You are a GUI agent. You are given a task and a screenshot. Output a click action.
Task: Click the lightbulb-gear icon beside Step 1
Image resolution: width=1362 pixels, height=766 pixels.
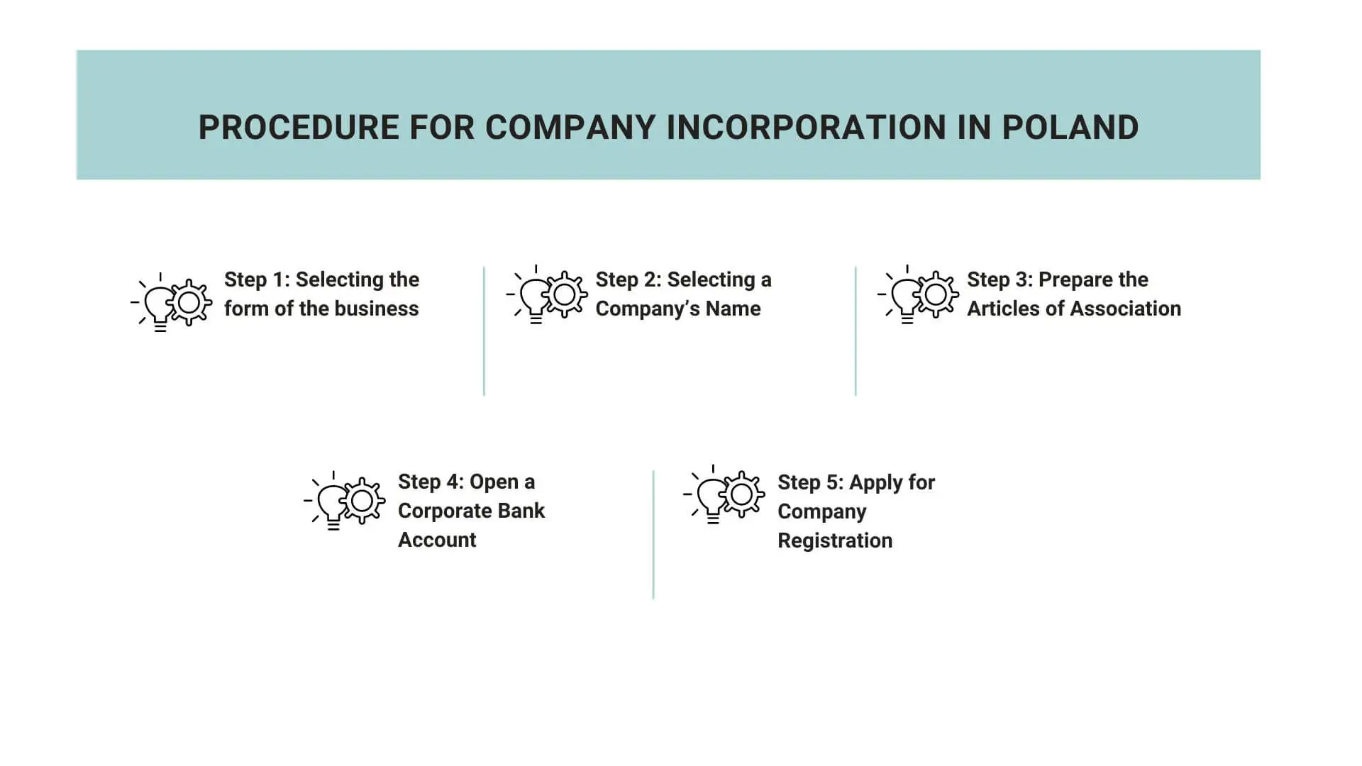tap(171, 302)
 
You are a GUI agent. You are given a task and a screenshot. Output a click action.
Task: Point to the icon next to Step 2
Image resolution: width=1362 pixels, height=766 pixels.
tap(546, 295)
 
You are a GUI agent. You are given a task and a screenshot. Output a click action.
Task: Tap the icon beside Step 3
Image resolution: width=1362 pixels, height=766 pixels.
tap(918, 295)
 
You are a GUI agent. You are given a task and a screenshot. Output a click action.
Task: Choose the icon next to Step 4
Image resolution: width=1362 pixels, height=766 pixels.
tap(344, 501)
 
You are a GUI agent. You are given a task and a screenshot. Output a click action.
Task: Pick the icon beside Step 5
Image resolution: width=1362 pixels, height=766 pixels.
tap(724, 494)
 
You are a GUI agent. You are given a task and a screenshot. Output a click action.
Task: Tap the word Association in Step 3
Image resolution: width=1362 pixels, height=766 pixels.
tap(1126, 309)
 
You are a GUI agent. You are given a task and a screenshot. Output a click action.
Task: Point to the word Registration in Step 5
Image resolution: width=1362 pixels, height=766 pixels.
tap(835, 540)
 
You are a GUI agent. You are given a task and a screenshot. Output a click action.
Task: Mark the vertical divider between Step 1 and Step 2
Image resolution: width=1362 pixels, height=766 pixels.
tap(484, 331)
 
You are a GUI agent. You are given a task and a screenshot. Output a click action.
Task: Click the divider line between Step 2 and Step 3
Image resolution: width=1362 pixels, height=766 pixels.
tap(856, 331)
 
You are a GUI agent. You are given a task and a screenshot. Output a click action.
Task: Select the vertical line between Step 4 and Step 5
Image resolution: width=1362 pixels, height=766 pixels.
tap(653, 534)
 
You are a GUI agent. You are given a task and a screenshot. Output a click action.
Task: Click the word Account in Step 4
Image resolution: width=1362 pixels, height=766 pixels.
tap(437, 540)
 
